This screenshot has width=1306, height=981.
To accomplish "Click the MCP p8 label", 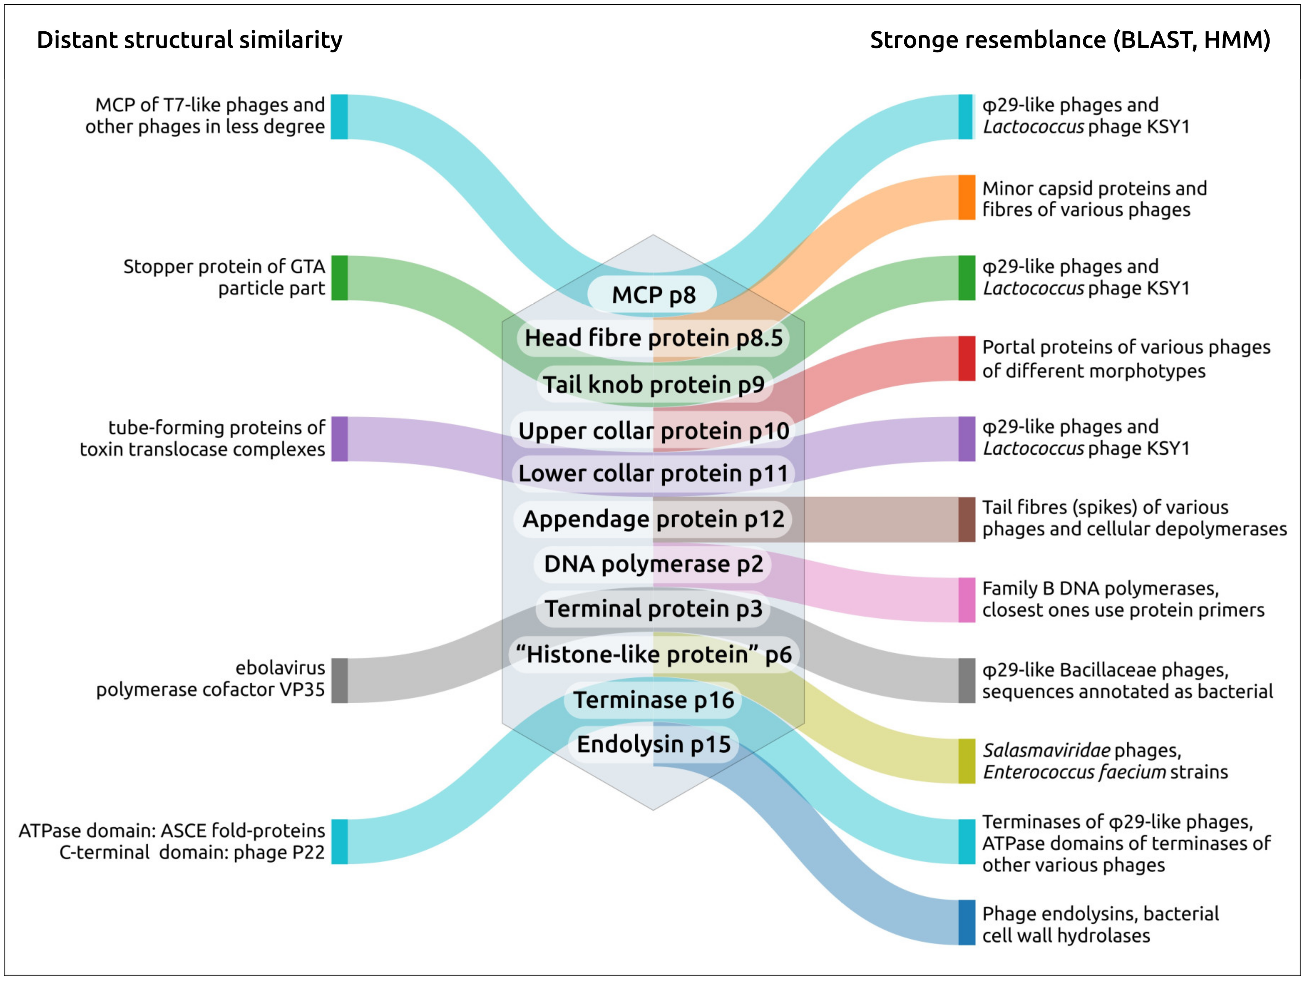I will (653, 294).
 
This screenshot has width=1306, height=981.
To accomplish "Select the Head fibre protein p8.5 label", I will (653, 338).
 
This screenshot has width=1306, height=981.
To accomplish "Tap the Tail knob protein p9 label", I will (654, 385).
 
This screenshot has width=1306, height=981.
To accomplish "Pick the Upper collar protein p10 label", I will (653, 431).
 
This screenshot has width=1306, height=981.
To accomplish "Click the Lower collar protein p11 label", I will (653, 473).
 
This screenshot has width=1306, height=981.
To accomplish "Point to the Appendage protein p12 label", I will (653, 519).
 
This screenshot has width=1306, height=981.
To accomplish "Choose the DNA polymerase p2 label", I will (653, 564).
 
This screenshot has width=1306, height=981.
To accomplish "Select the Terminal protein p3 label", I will (653, 609).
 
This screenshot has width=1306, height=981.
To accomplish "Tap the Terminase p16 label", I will (653, 700).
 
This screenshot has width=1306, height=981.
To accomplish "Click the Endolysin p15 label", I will (653, 744).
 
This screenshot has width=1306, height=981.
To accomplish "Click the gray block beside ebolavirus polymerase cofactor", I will (339, 680).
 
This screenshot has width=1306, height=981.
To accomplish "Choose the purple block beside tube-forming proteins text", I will (339, 439).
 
